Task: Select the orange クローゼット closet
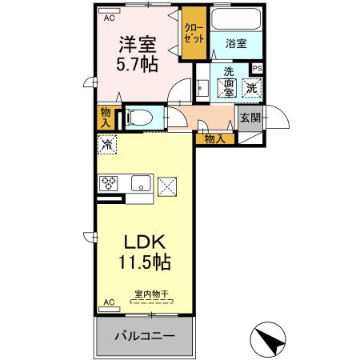194,32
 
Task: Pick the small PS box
258,68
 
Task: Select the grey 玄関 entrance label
250,118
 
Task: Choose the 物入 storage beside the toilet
106,117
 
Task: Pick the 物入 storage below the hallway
214,138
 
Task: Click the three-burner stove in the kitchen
110,183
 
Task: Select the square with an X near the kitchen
169,186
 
